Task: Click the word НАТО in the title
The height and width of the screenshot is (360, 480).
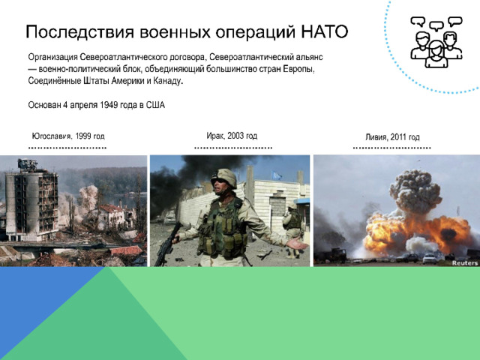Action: click(325, 31)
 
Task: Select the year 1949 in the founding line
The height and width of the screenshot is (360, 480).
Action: click(109, 105)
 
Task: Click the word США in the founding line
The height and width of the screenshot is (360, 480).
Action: click(155, 105)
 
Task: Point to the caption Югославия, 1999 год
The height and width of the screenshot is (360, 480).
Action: click(68, 136)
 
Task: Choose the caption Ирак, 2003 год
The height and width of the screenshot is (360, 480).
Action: click(232, 136)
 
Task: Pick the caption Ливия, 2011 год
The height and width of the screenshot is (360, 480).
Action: click(392, 136)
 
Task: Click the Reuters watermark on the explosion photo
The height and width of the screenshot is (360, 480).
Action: click(465, 263)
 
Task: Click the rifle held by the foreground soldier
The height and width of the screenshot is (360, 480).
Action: click(167, 243)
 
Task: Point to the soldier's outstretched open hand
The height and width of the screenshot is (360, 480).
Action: click(297, 244)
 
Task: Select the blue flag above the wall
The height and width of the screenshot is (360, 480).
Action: click(277, 175)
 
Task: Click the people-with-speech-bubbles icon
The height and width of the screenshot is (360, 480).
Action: click(436, 42)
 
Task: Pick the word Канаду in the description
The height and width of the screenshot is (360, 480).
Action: click(167, 81)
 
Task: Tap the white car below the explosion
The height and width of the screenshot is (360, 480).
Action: click(429, 259)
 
